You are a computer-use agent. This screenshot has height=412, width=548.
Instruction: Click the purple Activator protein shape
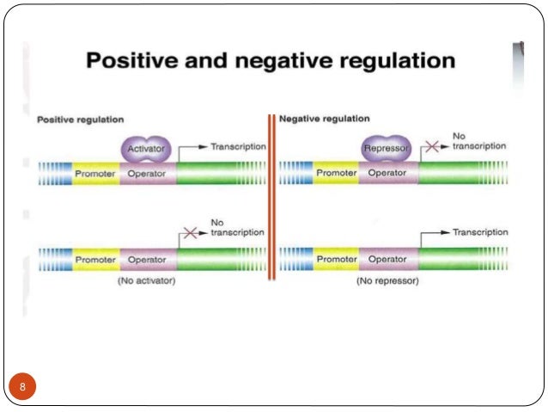pos(147,149)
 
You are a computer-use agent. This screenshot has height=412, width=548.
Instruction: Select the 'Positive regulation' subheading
pos(80,119)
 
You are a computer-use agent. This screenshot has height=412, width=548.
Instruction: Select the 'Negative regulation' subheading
pos(325,119)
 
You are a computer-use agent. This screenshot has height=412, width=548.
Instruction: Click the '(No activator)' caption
pos(146,281)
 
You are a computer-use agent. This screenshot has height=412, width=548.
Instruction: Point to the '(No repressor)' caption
pos(387,281)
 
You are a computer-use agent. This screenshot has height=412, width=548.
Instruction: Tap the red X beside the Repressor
pos(431,148)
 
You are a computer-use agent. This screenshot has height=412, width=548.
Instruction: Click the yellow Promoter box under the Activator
pos(95,173)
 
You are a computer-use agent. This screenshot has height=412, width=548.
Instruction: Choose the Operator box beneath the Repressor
pos(387,173)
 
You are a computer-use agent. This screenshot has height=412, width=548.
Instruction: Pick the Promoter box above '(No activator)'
pos(95,259)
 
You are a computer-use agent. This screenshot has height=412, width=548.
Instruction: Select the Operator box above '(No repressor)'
pos(387,259)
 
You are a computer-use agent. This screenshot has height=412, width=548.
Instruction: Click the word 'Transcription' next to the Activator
pos(237,147)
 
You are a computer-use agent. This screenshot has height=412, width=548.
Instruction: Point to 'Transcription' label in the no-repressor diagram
pos(480,233)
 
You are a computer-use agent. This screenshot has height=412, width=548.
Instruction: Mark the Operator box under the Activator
pos(147,173)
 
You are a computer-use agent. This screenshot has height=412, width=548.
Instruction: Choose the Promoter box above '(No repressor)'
pos(336,259)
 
